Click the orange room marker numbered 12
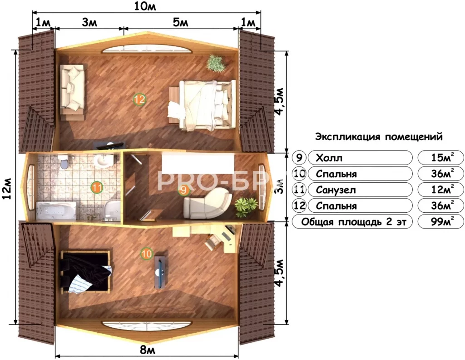click(x=139, y=99)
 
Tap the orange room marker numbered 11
click(x=96, y=187)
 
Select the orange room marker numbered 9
click(x=183, y=190)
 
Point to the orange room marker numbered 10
click(x=146, y=254)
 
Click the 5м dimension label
click(x=181, y=23)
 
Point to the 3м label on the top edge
click(x=89, y=23)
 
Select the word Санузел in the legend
click(x=336, y=190)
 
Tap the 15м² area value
click(x=442, y=158)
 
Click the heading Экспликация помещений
click(x=378, y=136)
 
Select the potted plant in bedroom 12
click(x=216, y=63)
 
